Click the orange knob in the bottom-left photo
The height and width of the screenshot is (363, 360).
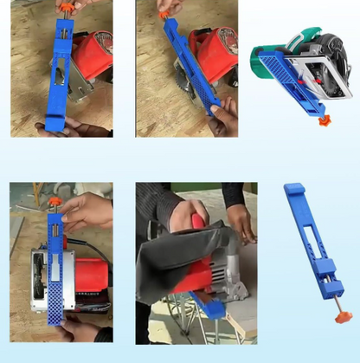tap(54, 202)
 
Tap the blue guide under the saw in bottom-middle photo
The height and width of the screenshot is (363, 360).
tap(213, 304)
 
